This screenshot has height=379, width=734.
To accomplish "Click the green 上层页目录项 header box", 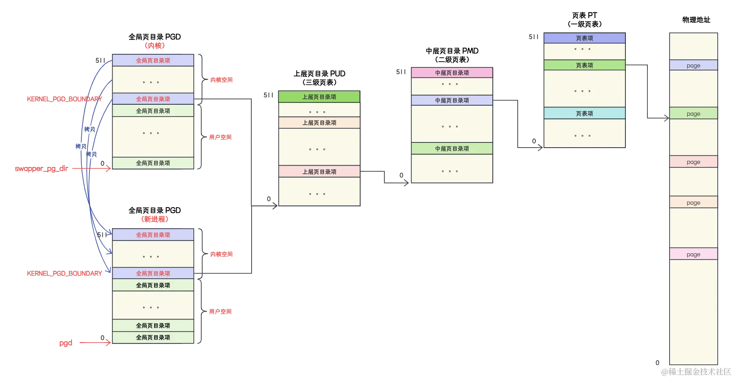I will (x=319, y=97).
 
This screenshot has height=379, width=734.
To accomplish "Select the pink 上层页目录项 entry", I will (x=319, y=172).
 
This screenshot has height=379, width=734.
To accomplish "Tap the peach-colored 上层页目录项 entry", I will (x=319, y=123).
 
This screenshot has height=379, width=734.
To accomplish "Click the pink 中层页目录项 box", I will (x=452, y=73).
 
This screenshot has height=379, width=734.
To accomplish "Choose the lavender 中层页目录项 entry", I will (x=452, y=100).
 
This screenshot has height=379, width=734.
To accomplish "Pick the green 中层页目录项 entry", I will (x=452, y=149).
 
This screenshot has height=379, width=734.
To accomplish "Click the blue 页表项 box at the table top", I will (x=584, y=38).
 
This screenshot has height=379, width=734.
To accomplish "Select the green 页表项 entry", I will (x=584, y=65).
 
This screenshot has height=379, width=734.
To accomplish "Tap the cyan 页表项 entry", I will (x=584, y=113).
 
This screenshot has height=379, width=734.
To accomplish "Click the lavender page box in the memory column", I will (x=693, y=65).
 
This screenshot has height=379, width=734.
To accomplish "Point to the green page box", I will (x=693, y=113).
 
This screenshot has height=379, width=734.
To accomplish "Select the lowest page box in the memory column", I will (x=693, y=254).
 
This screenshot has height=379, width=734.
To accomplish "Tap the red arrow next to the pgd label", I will (x=94, y=343).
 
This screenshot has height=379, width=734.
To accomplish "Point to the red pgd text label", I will (x=66, y=343).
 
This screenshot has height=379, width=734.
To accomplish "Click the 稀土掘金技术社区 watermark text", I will (x=696, y=371).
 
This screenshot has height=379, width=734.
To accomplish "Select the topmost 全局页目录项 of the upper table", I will (x=153, y=60).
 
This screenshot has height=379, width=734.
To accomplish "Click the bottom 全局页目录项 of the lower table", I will (x=153, y=337).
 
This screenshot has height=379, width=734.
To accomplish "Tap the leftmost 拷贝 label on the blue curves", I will (x=81, y=146).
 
